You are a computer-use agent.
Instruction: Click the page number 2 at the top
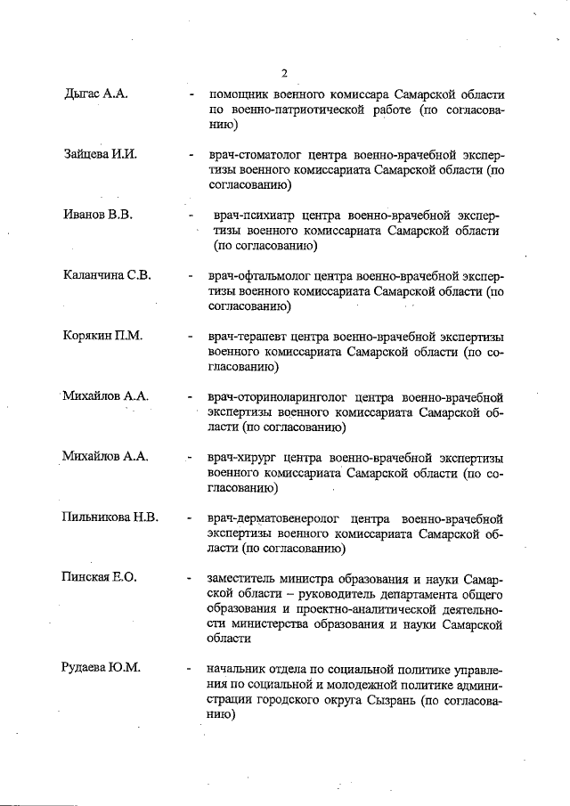284,74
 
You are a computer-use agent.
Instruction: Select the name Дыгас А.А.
97,94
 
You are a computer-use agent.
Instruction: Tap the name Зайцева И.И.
100,155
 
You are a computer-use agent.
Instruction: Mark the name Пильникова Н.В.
110,517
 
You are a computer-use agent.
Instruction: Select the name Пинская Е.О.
100,578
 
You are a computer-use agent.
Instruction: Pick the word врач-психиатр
254,216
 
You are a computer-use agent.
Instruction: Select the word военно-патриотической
299,110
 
